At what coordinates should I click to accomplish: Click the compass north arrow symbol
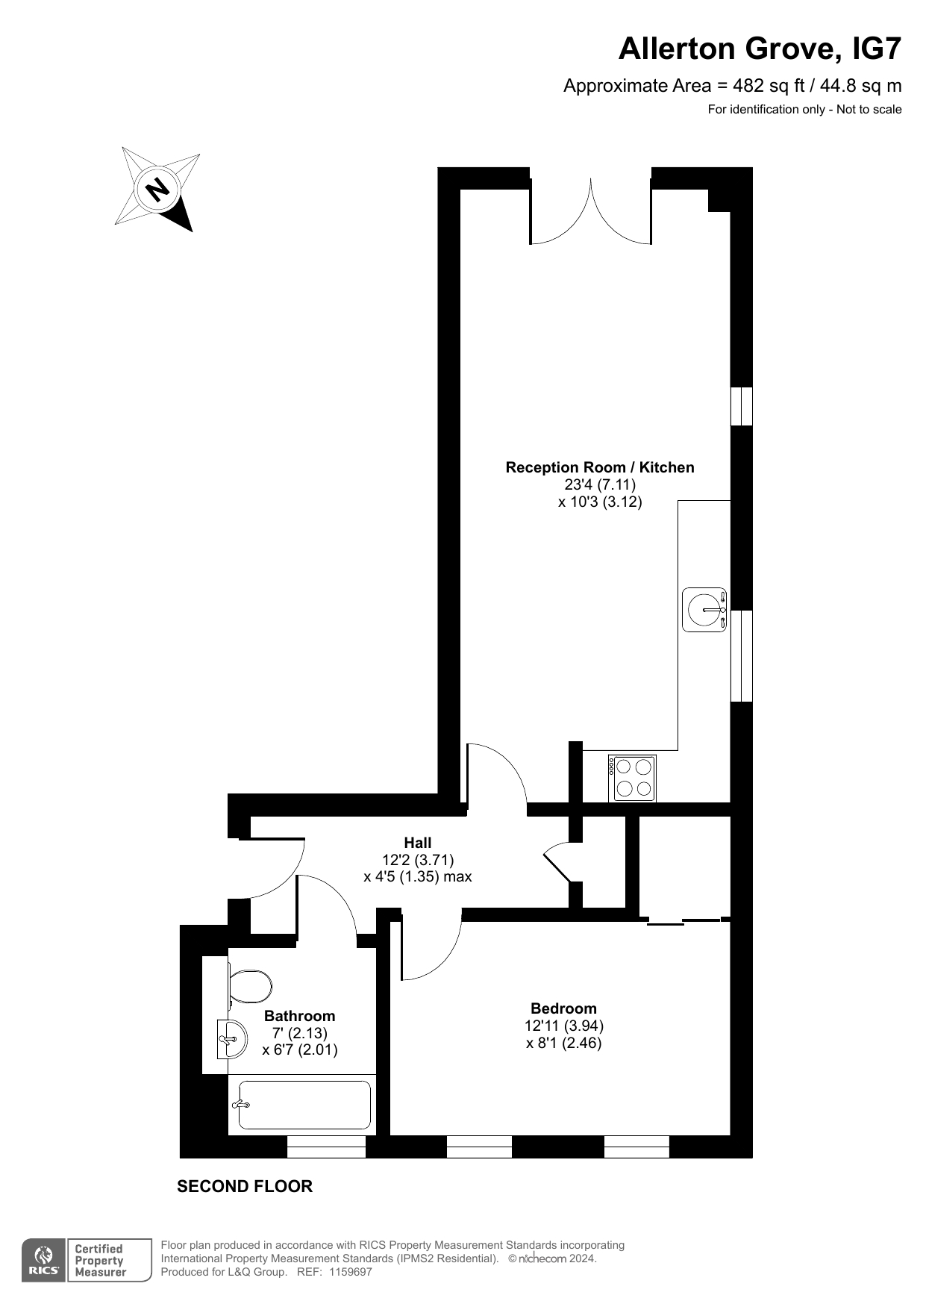158,190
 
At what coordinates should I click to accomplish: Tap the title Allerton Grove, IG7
760,49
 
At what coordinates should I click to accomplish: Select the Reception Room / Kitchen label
600,467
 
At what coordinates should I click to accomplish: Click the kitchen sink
704,609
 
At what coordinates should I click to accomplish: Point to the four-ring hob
634,778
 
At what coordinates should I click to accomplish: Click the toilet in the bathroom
248,986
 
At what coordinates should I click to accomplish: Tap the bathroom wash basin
232,1038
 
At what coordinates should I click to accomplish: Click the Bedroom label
563,1008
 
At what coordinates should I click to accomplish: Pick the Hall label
418,843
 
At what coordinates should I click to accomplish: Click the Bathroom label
299,1016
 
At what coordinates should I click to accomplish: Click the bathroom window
326,1147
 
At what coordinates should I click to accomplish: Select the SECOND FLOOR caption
245,1186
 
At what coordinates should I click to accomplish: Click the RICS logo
44,1261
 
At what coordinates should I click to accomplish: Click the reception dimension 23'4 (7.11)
600,484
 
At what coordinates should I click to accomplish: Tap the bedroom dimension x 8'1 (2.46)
563,1043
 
